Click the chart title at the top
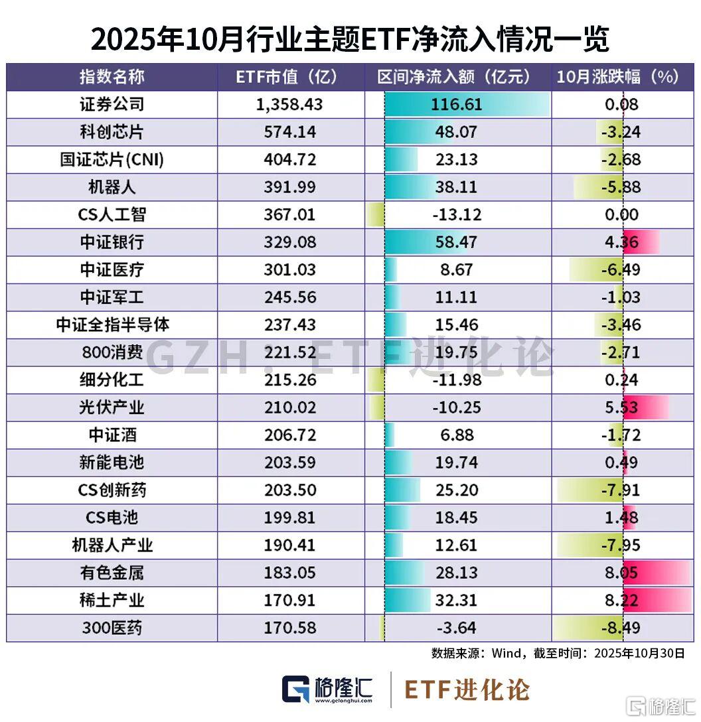(x=350, y=40)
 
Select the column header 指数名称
(x=112, y=77)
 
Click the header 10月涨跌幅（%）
(x=617, y=77)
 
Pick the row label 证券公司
(x=112, y=104)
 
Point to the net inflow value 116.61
(x=455, y=104)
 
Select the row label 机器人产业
(x=112, y=545)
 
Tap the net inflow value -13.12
(x=455, y=214)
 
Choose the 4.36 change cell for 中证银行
(x=623, y=242)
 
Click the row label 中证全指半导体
(x=112, y=325)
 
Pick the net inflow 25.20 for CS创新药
(x=455, y=490)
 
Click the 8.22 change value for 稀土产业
(x=623, y=601)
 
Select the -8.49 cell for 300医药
(x=623, y=628)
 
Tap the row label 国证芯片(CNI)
(x=112, y=159)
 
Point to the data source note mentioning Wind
(x=558, y=653)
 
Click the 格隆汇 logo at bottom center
(x=328, y=689)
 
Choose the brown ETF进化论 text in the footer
(x=467, y=689)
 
